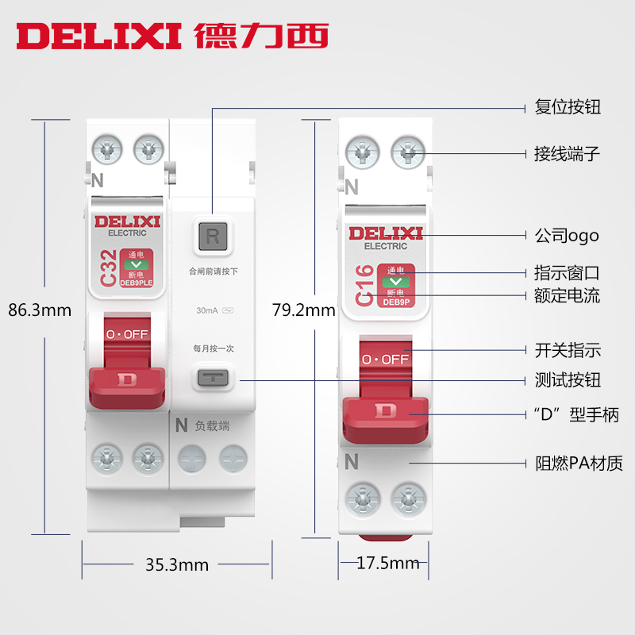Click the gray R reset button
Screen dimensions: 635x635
coord(213,236)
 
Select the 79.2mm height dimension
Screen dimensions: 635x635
coord(303,310)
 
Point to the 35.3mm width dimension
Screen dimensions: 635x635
coord(176,564)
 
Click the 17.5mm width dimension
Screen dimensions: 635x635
coord(387,564)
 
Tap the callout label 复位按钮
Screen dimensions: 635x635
coord(567,106)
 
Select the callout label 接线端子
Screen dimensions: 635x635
coord(567,153)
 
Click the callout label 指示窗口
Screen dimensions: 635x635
coord(567,273)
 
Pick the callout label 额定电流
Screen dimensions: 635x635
coord(567,296)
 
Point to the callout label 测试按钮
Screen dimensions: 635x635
coord(567,379)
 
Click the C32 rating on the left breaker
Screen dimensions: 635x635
coord(108,269)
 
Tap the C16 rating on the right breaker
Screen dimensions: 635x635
coord(364,287)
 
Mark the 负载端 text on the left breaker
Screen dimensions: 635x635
coord(213,426)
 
